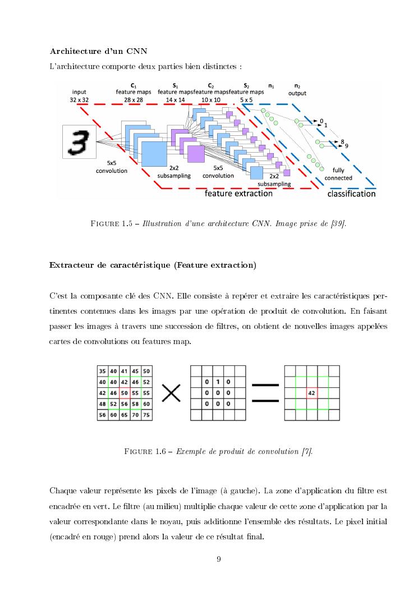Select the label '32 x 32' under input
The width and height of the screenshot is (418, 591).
click(80, 99)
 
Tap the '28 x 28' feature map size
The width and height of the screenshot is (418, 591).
click(134, 99)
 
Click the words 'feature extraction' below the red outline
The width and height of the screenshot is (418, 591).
click(238, 194)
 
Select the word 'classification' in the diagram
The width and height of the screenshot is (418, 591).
click(351, 194)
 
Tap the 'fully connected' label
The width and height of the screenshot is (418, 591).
click(338, 175)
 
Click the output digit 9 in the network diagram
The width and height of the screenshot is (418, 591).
click(347, 146)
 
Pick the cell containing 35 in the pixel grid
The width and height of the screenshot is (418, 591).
click(102, 371)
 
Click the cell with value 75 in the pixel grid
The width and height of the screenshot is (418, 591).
click(146, 415)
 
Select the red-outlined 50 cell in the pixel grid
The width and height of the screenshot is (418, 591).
click(125, 393)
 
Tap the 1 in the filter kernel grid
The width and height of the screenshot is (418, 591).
click(218, 382)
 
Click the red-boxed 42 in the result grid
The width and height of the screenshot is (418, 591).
click(311, 393)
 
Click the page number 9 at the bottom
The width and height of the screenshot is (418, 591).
click(219, 558)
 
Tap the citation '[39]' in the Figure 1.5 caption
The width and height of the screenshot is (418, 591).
click(338, 225)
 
